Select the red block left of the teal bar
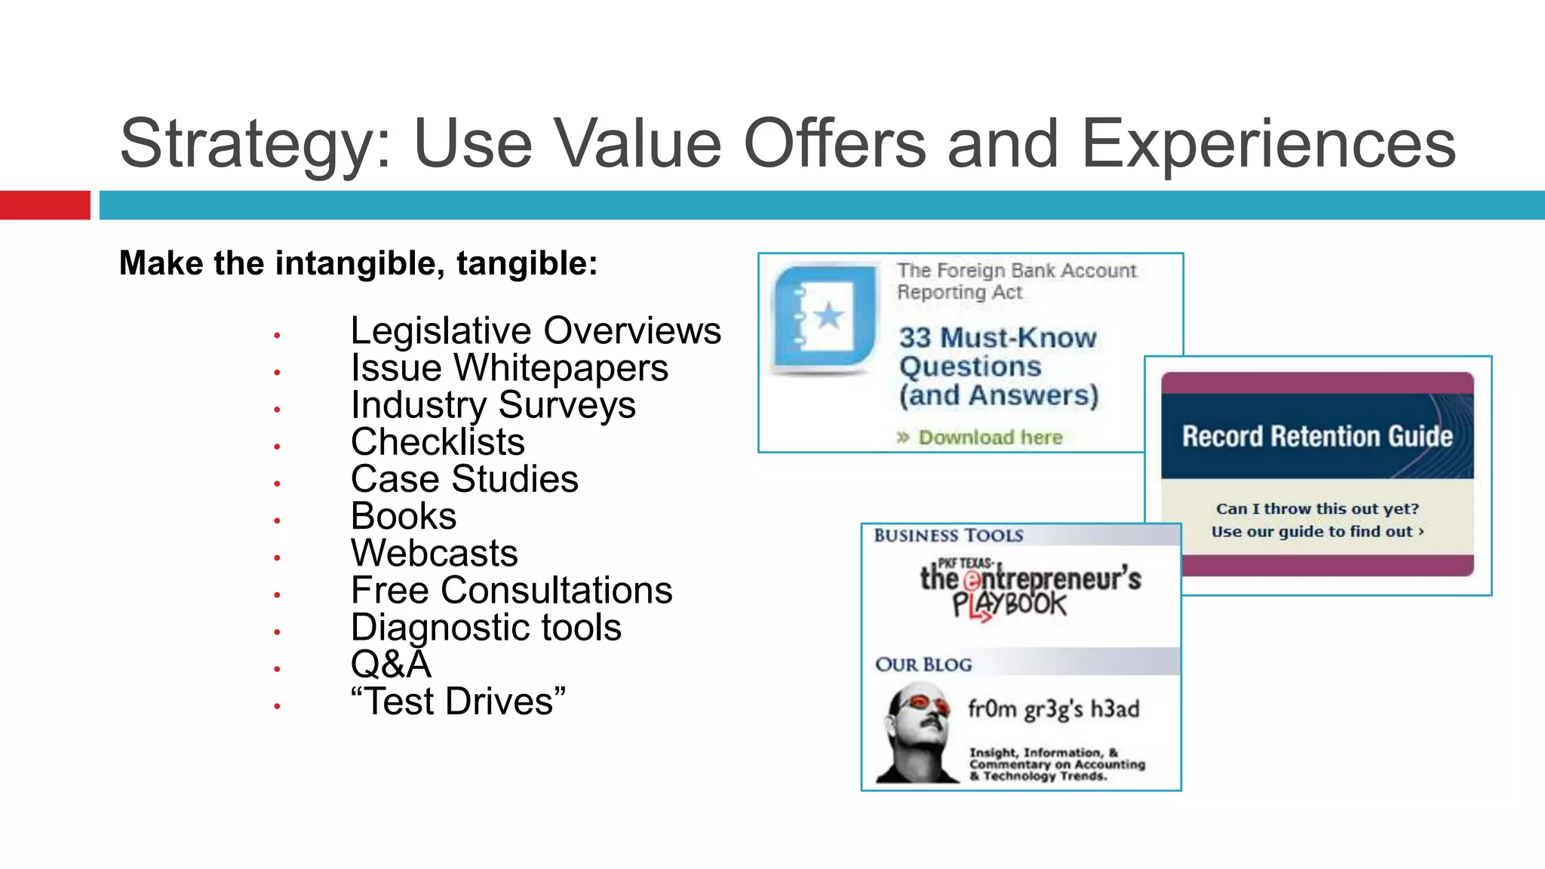(x=45, y=205)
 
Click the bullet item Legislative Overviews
(x=536, y=330)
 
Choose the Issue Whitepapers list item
(x=509, y=368)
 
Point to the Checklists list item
(x=438, y=442)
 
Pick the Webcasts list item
(x=435, y=553)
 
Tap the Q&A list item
(x=391, y=665)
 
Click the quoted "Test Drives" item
(x=458, y=702)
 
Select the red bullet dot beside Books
(x=278, y=520)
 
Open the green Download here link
(x=989, y=438)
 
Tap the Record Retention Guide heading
(x=1316, y=436)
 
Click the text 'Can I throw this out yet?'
(x=1316, y=508)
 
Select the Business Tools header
(x=948, y=536)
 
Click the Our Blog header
(x=923, y=665)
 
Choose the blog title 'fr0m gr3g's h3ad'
(x=1053, y=709)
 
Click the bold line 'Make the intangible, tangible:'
(x=358, y=264)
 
